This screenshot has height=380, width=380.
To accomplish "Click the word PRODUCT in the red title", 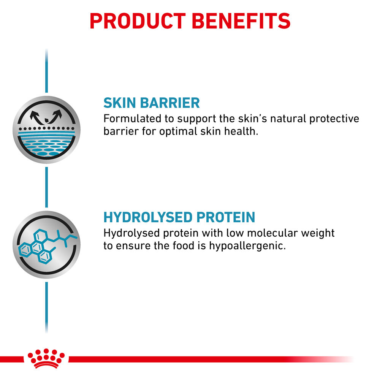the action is [138, 21].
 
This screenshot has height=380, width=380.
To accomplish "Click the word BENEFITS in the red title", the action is [241, 21].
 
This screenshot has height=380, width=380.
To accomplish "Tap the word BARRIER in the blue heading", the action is [170, 103].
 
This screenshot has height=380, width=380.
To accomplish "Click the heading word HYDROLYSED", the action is [147, 217].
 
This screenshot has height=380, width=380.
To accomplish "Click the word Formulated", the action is [132, 119].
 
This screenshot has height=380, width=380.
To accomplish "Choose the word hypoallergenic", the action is [247, 246].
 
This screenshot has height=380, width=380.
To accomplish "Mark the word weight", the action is [318, 233].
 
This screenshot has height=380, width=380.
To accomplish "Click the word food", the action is [184, 245].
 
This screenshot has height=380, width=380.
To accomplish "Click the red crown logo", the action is [46, 358].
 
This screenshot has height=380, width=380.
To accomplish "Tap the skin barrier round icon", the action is [46, 130].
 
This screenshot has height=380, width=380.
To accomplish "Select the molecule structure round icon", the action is [46, 244].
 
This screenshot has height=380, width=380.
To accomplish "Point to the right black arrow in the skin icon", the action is [55, 116].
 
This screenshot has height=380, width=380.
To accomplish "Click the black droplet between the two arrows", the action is [46, 120].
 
